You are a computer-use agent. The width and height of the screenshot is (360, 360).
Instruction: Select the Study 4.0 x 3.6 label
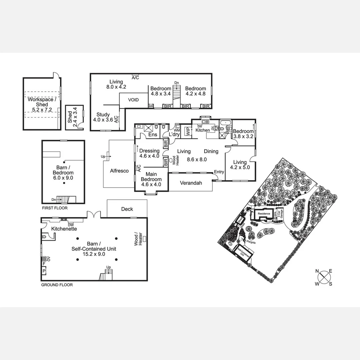click(x=103, y=117)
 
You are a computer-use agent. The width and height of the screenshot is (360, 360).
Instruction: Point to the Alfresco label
click(x=119, y=171)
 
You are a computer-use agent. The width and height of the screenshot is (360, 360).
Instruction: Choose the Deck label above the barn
click(x=127, y=209)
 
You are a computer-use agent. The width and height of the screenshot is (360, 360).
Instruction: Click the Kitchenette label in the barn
click(x=64, y=229)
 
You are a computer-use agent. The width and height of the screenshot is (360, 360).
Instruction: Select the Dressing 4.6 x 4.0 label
click(x=149, y=153)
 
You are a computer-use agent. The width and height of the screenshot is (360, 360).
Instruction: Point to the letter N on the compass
click(x=317, y=271)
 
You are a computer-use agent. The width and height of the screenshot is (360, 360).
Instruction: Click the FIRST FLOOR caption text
click(x=55, y=208)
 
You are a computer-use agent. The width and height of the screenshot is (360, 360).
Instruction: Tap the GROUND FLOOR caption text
click(x=57, y=285)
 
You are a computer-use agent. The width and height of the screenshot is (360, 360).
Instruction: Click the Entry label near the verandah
click(x=219, y=172)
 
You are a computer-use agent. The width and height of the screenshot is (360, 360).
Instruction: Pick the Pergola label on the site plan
click(x=251, y=243)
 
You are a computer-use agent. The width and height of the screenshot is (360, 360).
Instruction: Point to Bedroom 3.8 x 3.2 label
click(x=243, y=134)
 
